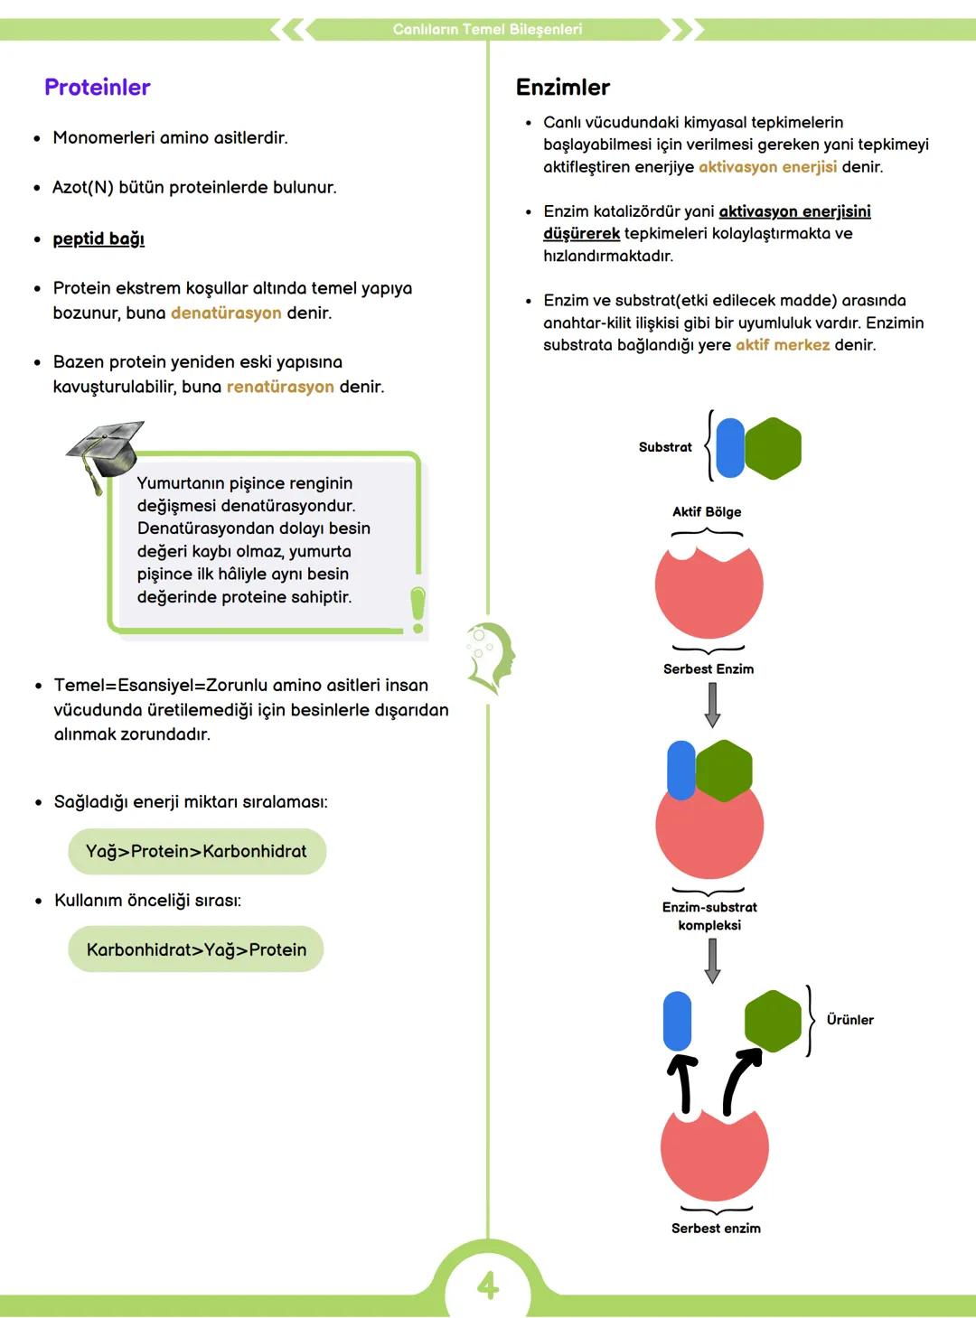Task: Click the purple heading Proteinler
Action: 97,88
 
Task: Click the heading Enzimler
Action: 562,88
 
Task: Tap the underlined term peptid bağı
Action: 99,238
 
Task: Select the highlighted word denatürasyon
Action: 226,313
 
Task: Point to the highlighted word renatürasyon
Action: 280,388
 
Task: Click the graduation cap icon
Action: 106,453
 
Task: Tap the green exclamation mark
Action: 418,609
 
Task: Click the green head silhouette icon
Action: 491,657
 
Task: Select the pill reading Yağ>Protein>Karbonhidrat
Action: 196,852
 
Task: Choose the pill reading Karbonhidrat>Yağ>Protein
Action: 196,950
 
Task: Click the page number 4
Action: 488,1285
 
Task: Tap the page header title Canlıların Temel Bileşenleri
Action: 487,29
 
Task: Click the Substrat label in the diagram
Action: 665,447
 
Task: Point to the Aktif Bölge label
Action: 707,512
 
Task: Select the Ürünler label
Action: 849,1020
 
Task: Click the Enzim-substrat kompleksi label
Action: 709,916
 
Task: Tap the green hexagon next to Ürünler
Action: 773,1021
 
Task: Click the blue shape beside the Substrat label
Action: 729,448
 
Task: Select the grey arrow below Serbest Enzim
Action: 712,705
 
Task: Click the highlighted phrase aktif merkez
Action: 783,345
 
